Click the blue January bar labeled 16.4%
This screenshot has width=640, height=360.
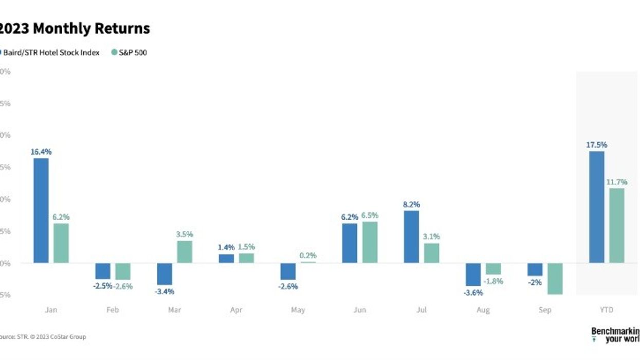tap(41, 210)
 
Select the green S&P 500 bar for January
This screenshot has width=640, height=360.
tap(61, 243)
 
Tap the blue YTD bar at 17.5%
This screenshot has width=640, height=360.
tap(596, 207)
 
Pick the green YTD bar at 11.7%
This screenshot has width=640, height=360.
tap(617, 225)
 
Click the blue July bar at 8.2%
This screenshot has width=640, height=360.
tap(411, 237)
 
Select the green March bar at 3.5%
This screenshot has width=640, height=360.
tap(185, 251)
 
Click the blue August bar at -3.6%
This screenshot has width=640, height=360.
tap(473, 274)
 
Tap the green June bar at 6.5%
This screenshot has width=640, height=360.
tap(370, 242)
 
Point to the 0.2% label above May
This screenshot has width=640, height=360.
tap(308, 255)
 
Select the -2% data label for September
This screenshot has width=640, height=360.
tap(534, 282)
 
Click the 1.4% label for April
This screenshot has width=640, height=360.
tap(226, 247)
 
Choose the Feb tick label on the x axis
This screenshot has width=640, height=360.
tap(113, 310)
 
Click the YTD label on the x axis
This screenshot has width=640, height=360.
tap(607, 310)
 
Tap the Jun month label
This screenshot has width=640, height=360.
tap(360, 310)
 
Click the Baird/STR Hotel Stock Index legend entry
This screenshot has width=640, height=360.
tap(51, 52)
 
